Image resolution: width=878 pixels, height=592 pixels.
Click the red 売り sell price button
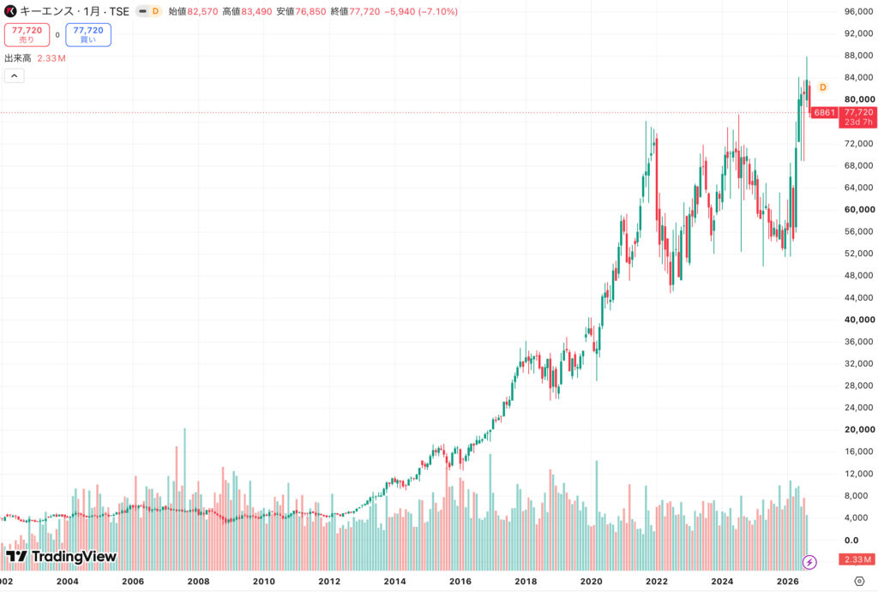(27, 34)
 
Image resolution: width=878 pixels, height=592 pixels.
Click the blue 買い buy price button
(88, 34)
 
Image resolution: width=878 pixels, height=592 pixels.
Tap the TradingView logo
(61, 556)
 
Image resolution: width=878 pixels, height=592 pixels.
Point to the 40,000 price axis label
(859, 320)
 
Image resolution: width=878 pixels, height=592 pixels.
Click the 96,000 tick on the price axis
(859, 11)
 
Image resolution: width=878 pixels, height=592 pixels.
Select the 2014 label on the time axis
(394, 582)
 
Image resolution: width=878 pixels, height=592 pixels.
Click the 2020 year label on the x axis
(592, 582)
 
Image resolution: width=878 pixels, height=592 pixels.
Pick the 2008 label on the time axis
(198, 582)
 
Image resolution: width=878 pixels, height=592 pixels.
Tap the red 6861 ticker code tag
(824, 112)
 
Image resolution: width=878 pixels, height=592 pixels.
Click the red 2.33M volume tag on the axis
(857, 559)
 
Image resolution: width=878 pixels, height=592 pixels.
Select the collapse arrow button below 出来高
(15, 75)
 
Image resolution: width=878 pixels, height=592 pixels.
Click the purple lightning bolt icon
(809, 562)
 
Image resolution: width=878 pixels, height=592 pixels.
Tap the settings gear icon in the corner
(859, 582)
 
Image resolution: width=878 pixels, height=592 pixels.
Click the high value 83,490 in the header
(256, 11)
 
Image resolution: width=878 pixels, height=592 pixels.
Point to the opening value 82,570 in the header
(202, 11)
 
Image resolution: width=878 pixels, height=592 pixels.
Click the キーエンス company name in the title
(46, 11)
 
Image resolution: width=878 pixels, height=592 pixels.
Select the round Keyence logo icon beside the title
(10, 11)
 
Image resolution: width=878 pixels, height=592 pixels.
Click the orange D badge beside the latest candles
(822, 87)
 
